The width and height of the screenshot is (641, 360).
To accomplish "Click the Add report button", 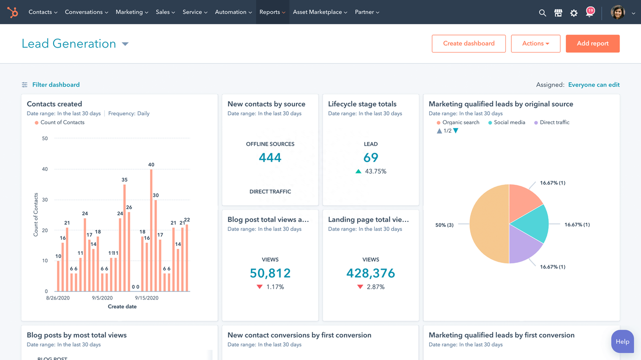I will [592, 44].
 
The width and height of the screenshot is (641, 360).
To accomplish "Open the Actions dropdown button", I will [535, 44].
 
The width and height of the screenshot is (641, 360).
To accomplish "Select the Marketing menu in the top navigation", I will [132, 12].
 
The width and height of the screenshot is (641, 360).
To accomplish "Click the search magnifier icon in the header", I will [542, 13].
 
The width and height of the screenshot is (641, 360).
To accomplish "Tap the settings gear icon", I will [574, 13].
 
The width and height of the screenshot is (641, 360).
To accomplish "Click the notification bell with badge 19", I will [590, 13].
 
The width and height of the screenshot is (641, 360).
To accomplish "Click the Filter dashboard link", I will [56, 85].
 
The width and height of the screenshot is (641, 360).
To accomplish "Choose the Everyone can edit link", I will [593, 85].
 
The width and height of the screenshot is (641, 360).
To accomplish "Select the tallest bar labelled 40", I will [151, 230].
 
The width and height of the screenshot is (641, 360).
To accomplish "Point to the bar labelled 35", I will [124, 238].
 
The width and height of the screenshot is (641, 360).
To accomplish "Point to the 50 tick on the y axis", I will [45, 139].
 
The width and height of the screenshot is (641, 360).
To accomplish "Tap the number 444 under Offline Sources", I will [270, 158].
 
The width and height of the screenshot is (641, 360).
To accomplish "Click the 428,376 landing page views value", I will [371, 273].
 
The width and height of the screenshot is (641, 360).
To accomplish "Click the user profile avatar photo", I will [618, 13].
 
